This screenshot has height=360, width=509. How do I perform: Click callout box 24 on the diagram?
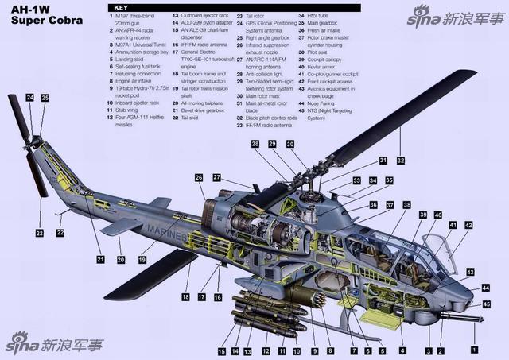tap(29, 98)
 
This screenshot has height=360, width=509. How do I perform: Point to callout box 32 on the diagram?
tap(401, 161)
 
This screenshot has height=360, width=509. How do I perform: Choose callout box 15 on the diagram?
tap(222, 350)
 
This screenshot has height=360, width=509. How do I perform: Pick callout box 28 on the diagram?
tap(255, 144)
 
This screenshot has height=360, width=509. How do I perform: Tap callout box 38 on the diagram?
tap(407, 204)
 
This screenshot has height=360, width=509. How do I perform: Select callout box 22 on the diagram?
tap(60, 232)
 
